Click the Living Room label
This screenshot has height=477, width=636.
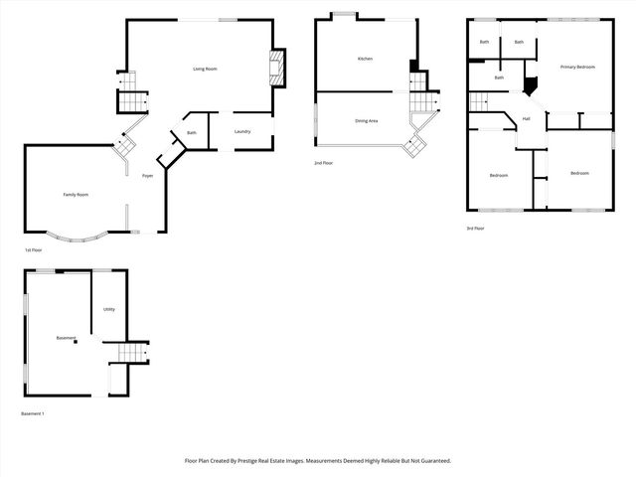205,69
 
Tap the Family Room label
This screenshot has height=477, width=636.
77,195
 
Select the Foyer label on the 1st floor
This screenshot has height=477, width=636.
147,175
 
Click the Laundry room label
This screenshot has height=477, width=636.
241,132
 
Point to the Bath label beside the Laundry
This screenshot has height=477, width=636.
191,133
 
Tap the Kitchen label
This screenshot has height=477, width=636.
365,60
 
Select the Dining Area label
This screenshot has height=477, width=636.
366,121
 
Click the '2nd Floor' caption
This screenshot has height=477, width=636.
324,162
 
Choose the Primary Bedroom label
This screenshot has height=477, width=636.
577,67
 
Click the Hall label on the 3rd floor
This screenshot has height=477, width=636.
526,119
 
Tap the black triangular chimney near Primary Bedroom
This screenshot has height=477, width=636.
530,85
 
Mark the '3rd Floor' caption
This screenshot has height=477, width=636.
475,229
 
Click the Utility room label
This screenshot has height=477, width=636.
109,309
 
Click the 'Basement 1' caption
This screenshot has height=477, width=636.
33,413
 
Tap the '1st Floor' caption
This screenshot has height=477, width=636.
33,250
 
